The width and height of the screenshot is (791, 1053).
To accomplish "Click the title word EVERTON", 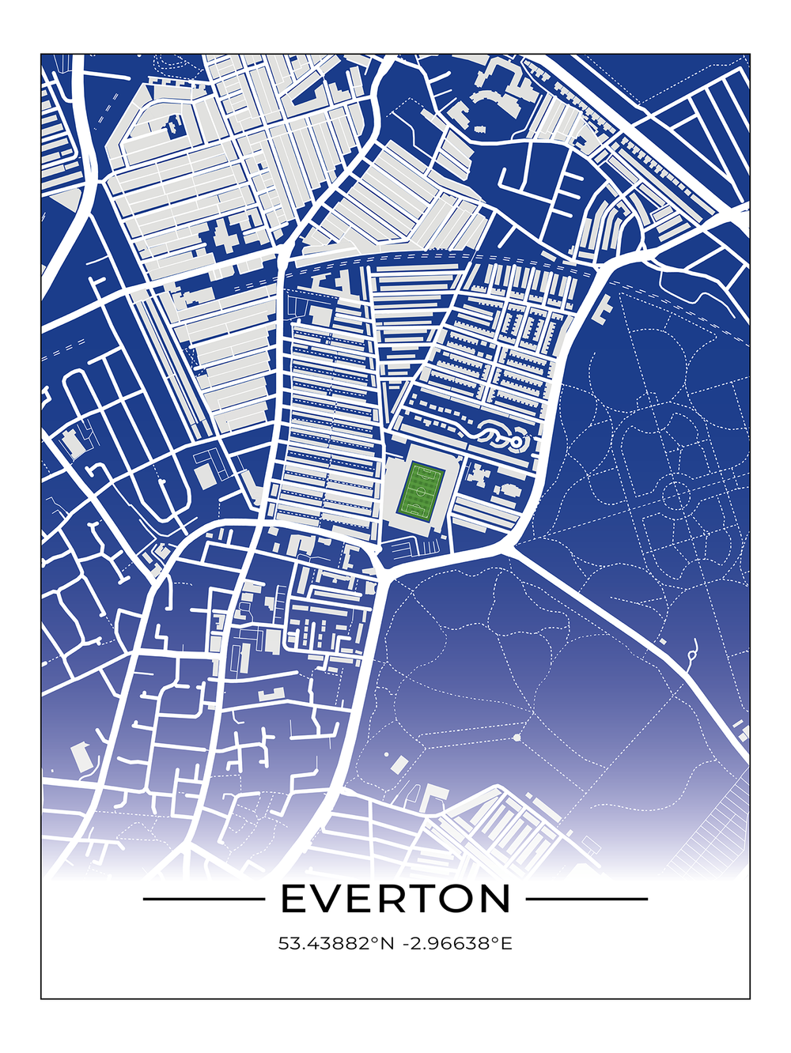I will point(395,899).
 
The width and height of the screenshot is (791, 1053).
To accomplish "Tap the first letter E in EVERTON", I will point(294,899).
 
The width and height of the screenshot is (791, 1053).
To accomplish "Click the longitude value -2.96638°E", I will point(456,943).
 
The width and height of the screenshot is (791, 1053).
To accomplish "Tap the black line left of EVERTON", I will point(203,899).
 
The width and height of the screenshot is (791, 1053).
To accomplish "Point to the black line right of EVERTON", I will point(586,899).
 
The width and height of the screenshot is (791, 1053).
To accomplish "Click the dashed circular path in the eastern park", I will point(676,496).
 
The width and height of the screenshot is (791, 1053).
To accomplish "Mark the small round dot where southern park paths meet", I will point(517,738).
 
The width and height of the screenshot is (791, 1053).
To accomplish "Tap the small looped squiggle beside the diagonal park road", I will point(694,651).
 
